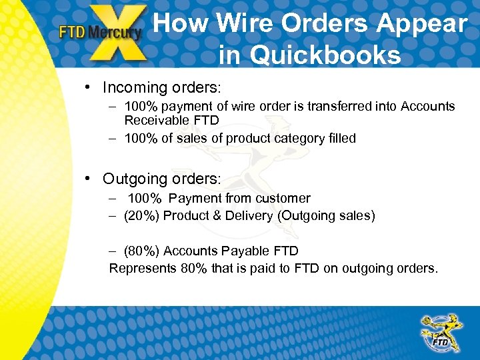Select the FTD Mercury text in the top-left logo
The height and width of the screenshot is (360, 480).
tap(100, 31)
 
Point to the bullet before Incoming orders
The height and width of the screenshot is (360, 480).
tap(88, 87)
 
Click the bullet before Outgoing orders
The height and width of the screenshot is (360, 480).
tap(88, 179)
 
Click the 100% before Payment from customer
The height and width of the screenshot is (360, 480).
tap(145, 198)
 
